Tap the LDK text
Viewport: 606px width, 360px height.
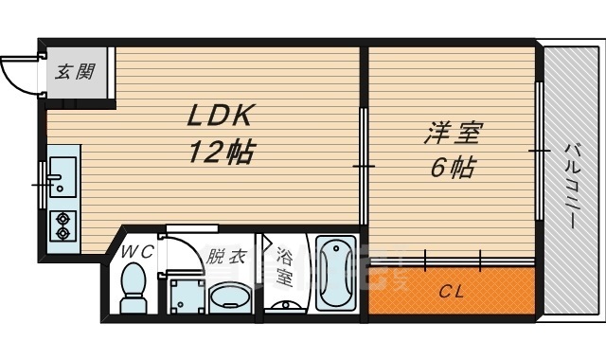tap(219, 116)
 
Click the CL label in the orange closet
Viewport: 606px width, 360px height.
tap(451, 292)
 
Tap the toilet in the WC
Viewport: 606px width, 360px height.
tap(134, 287)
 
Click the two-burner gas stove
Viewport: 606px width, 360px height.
tap(62, 226)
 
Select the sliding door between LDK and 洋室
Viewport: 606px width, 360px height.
tap(364, 166)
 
